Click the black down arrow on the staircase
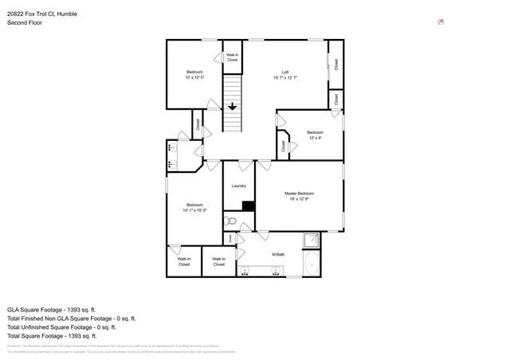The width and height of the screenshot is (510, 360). tap(232, 105)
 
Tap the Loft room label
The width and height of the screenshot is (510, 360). tap(284, 72)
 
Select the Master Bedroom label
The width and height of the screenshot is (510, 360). tap(300, 194)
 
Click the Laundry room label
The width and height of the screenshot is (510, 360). tap(238, 186)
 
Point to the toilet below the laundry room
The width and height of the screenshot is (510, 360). tap(229, 221)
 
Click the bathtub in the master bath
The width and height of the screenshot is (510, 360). tap(313, 264)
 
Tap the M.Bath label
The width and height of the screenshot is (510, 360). tap(278, 255)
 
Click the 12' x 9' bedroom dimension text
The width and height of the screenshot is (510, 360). tap(315, 138)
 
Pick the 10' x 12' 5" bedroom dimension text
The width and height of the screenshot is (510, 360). tap(195, 77)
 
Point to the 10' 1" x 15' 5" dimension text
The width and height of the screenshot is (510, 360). tap(195, 210)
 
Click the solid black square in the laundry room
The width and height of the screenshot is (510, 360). tap(248, 205)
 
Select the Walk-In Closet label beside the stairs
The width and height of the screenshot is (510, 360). tap(232, 57)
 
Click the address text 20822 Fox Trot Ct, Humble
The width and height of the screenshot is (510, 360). tap(48, 14)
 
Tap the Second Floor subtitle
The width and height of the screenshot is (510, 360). tap(25, 23)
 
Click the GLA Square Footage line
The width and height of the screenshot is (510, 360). tap(51, 309)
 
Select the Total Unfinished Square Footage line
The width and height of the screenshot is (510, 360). tap(61, 327)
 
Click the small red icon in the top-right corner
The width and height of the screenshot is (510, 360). tap(441, 22)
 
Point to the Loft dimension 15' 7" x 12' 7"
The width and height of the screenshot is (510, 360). tap(284, 78)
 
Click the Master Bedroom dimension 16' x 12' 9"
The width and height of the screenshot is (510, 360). tap(300, 199)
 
